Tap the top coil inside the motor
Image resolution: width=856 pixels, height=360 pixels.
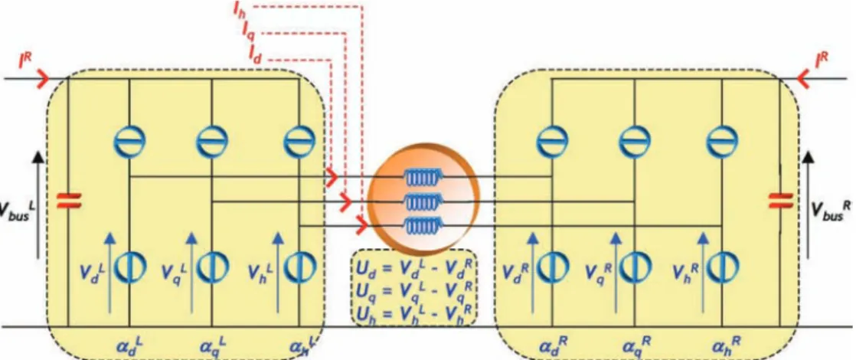coord(423,178)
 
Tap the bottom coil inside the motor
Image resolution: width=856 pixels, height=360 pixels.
coord(423,225)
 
